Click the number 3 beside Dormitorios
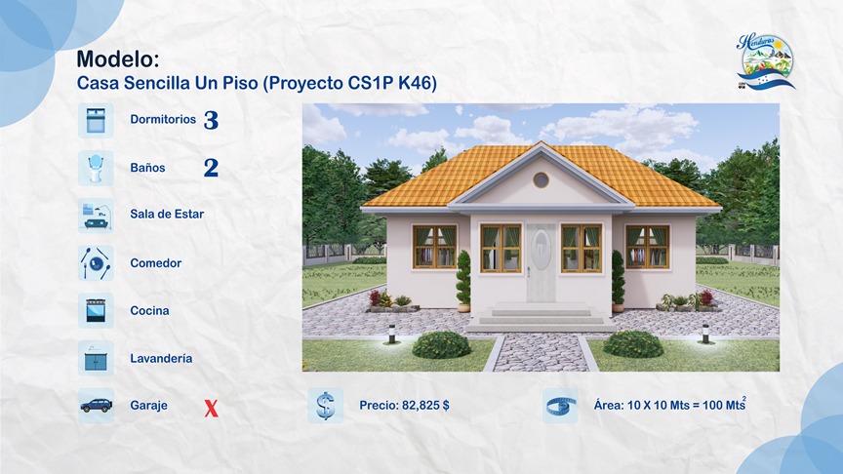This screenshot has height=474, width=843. click(211, 121)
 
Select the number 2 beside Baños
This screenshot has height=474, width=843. click(211, 168)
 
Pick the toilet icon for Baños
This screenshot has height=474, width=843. click(96, 168)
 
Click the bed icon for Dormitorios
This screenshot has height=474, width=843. click(96, 120)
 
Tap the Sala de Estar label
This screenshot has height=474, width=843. click(167, 215)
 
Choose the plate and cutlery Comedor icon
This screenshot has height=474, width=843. click(96, 262)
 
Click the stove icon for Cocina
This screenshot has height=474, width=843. click(96, 310)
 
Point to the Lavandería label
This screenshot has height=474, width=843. click(161, 359)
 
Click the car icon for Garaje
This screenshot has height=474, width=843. click(96, 406)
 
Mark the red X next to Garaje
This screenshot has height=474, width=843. click(211, 408)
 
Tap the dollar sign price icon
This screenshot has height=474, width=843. click(325, 406)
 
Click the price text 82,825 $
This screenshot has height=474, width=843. click(404, 406)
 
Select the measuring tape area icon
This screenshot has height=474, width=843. click(560, 406)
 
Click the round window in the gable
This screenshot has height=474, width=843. click(541, 179)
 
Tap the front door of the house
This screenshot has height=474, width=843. click(541, 261)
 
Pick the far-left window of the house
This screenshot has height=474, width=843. click(434, 247)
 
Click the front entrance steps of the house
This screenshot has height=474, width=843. click(541, 314)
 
